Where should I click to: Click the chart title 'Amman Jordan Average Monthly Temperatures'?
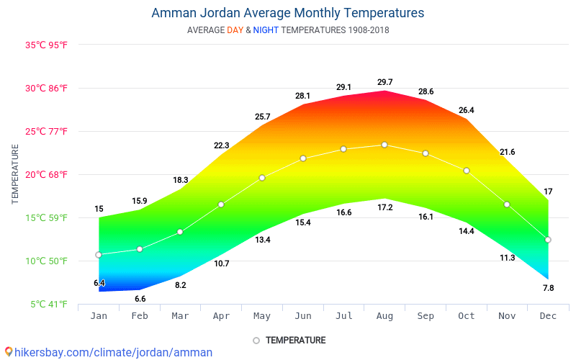[x=287, y=13]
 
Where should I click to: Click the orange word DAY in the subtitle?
[x=235, y=30]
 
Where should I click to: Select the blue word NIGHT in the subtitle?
[x=266, y=30]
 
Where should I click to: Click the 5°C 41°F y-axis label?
[x=49, y=304]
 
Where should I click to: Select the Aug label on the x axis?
[x=384, y=316]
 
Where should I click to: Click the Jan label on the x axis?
[x=99, y=316]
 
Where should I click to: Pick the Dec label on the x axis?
[x=548, y=316]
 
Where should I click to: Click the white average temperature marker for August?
[x=384, y=145]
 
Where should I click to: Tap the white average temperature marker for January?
[x=99, y=255]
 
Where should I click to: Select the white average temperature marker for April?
[x=221, y=204]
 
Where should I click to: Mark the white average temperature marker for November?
[x=507, y=204]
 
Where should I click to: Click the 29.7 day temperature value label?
[x=384, y=83]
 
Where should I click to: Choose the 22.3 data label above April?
[x=221, y=145]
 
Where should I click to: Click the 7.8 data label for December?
[x=548, y=288]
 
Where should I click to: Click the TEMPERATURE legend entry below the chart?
[x=295, y=340]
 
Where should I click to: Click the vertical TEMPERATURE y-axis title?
[x=15, y=174]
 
